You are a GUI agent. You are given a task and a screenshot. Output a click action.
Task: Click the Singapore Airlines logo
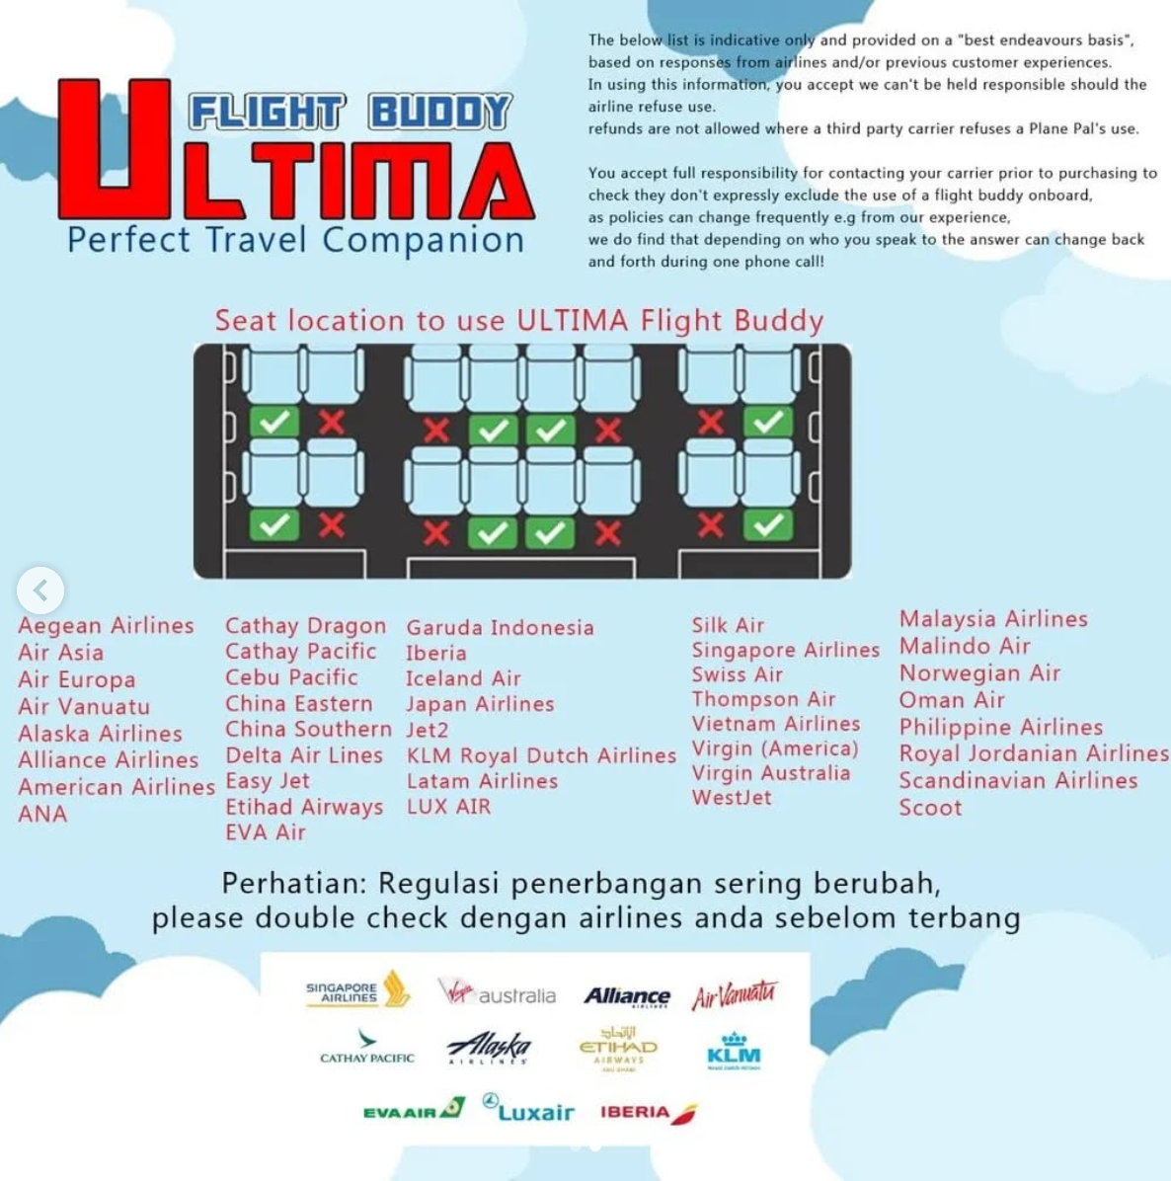(356, 989)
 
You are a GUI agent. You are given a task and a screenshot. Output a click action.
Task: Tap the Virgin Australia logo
(497, 992)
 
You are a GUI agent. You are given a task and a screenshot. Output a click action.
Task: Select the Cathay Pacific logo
(367, 1048)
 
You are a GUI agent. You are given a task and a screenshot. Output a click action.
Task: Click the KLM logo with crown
(734, 1051)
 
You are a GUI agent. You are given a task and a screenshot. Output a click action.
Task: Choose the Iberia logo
(648, 1113)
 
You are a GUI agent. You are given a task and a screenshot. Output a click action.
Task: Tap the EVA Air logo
(414, 1110)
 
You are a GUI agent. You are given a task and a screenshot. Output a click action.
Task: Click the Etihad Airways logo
(618, 1048)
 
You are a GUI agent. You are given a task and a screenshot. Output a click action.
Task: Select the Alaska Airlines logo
(489, 1048)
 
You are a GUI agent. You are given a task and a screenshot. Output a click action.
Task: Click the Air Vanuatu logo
(734, 994)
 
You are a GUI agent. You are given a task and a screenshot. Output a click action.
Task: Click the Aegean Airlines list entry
(106, 626)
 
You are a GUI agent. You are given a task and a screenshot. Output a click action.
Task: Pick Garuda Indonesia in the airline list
(500, 628)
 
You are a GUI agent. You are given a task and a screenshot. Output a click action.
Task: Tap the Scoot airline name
(930, 808)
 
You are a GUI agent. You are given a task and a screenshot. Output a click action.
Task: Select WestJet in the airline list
(732, 798)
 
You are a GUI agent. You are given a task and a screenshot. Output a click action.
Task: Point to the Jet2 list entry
(427, 731)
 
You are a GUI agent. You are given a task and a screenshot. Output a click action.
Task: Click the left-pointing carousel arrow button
(40, 590)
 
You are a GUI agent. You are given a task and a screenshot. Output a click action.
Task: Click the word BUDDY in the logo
(440, 113)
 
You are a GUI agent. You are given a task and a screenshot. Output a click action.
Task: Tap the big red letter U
(116, 148)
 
